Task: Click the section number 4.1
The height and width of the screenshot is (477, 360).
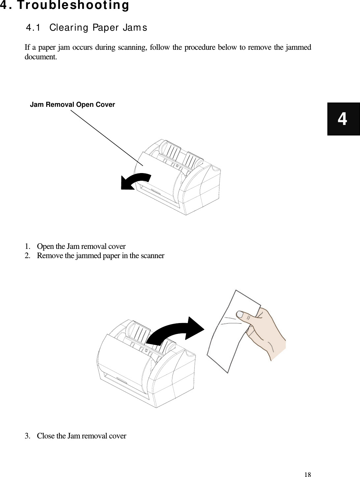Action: pos(34,28)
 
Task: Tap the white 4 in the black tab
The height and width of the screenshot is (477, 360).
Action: pos(343,119)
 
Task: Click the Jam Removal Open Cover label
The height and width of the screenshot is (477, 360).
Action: pos(73,104)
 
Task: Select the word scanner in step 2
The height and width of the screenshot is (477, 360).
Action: pos(153,255)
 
